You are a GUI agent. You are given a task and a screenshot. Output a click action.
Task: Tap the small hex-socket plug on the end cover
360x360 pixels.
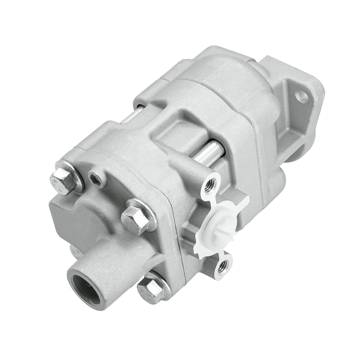[x=96, y=180]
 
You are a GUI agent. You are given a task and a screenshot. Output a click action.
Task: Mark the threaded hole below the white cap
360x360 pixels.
[x=221, y=265]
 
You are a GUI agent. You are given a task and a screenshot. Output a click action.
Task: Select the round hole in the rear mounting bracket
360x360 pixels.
[x=301, y=96]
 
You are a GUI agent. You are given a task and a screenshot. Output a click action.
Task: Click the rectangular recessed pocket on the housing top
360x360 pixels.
[x=180, y=130]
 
